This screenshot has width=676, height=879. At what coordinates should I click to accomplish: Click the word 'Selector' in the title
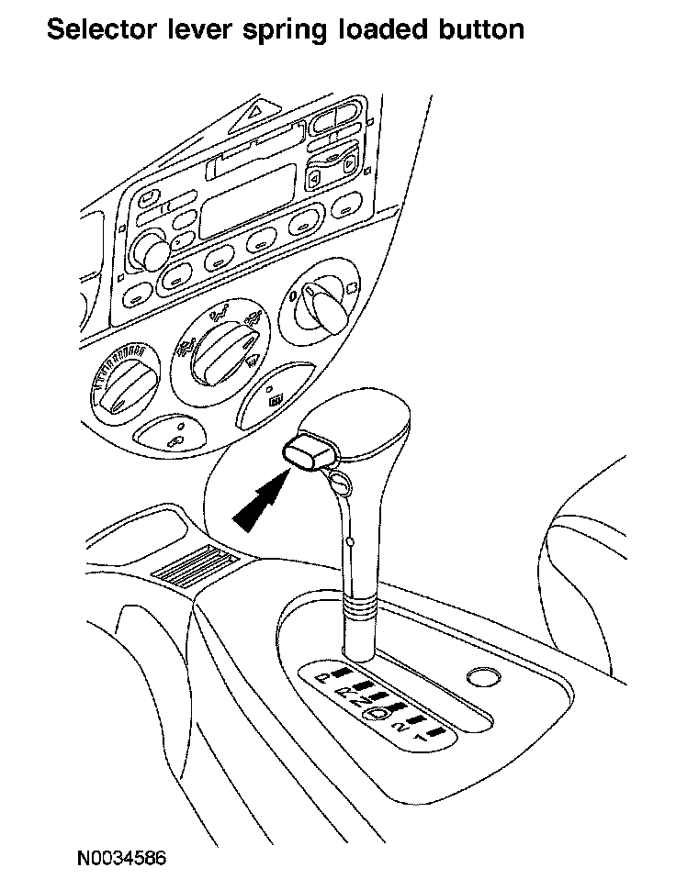click(x=100, y=29)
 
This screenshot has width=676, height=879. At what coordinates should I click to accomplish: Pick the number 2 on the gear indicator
click(x=399, y=726)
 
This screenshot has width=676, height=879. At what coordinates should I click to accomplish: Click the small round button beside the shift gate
click(x=481, y=678)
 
